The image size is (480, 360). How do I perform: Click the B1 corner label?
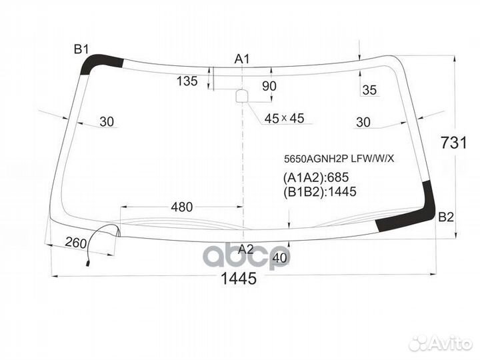(81, 49)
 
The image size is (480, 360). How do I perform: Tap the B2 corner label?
(446, 217)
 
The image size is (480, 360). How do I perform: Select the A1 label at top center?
(242, 59)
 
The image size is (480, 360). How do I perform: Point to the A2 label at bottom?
(246, 249)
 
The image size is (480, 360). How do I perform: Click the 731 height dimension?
(454, 143)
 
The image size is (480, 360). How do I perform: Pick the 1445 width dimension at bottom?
(239, 279)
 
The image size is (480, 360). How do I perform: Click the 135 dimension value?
(187, 81)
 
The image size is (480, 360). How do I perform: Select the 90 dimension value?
(269, 86)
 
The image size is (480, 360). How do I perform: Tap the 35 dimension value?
(369, 90)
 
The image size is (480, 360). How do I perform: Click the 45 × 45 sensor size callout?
(284, 118)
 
